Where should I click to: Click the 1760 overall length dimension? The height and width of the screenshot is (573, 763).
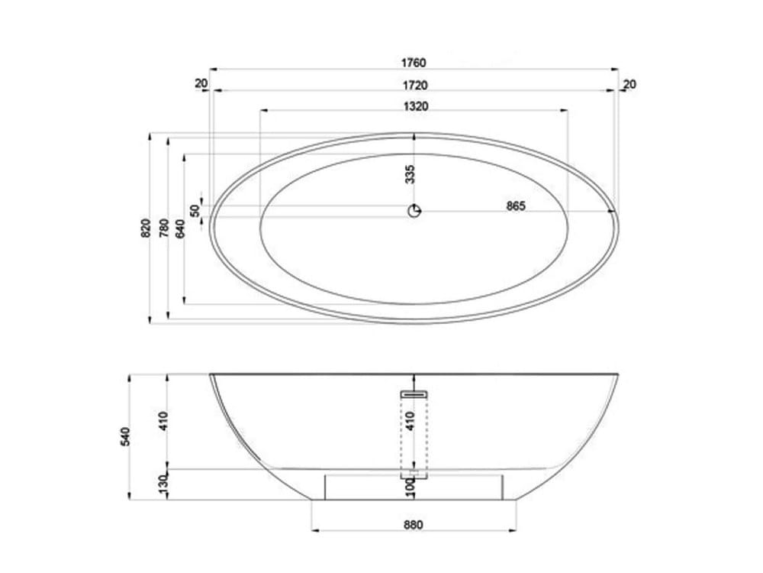tap(414, 63)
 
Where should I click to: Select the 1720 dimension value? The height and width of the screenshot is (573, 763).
tap(414, 85)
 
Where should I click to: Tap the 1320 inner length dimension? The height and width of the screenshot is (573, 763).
tap(414, 106)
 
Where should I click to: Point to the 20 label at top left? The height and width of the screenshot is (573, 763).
tap(201, 84)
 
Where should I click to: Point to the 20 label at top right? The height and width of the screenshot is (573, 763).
tap(629, 84)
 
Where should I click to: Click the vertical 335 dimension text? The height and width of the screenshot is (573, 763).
tap(410, 174)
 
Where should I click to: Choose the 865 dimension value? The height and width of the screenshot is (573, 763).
tap(516, 206)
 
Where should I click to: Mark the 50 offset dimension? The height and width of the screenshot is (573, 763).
tap(195, 209)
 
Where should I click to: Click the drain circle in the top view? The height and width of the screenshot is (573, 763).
tap(414, 212)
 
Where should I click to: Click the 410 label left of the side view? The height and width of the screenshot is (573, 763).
tap(163, 420)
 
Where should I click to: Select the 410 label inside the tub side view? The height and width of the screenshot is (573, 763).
tap(410, 421)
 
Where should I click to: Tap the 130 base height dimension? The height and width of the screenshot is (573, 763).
tap(163, 484)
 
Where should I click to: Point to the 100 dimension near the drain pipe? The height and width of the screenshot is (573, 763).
tap(410, 487)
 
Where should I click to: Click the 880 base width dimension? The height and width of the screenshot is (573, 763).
tap(413, 524)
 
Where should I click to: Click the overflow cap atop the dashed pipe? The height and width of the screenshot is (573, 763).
tap(414, 394)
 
